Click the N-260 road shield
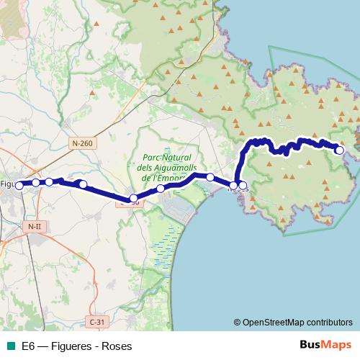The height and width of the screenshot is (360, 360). [x=82, y=143]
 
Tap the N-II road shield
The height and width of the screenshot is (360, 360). [x=34, y=227]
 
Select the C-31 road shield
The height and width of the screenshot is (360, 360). [x=96, y=321]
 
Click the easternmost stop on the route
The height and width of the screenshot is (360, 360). [x=340, y=150]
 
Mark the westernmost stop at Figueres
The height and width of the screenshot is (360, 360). [x=21, y=184]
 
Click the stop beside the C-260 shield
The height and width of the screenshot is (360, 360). [x=133, y=198]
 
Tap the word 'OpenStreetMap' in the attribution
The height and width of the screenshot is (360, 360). [x=269, y=322]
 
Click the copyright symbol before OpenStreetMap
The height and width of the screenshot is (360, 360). [x=238, y=322]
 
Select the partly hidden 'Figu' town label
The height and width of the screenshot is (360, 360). [x=7, y=184]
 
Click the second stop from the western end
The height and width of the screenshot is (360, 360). [x=35, y=183]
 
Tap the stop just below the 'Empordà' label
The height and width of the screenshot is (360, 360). [x=161, y=188]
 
